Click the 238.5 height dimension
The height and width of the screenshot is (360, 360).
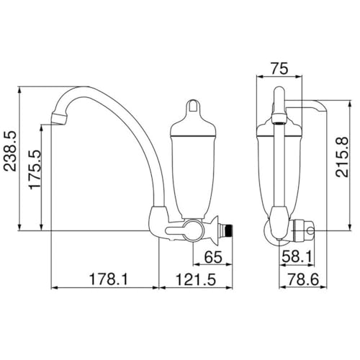click(10, 151)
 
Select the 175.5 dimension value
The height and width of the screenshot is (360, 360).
click(35, 170)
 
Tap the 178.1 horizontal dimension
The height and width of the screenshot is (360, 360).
click(109, 279)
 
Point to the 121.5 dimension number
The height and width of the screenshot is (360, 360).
click(196, 279)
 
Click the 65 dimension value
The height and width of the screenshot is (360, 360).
click(213, 257)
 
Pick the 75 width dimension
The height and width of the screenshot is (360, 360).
click(279, 68)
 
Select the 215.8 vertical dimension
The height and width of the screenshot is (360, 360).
click(342, 157)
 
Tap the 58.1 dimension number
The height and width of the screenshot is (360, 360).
click(297, 256)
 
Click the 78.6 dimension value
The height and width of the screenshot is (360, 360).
click(303, 279)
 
